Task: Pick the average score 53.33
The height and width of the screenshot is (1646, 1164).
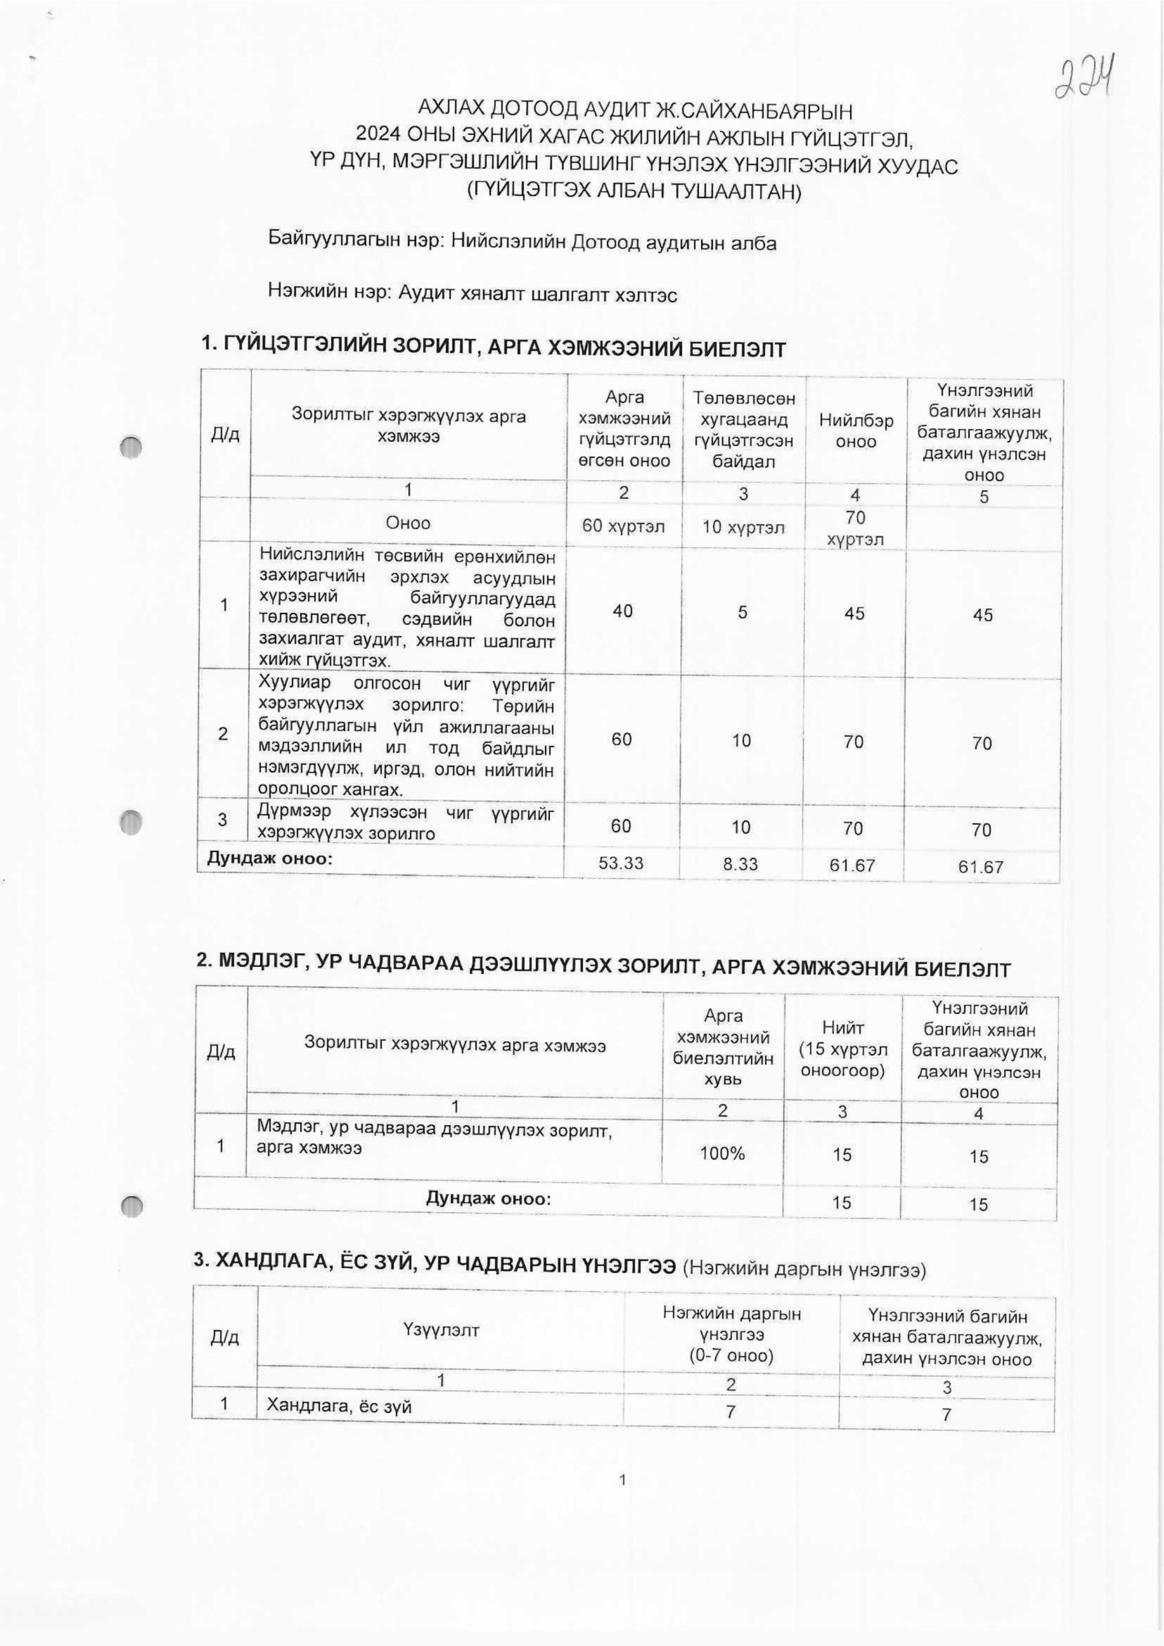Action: click(621, 863)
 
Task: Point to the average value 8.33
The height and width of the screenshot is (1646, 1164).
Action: click(741, 864)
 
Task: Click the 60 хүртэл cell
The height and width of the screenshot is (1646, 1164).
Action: click(623, 527)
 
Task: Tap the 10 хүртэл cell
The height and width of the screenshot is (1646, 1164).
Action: click(743, 528)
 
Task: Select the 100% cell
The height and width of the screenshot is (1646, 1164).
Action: click(723, 1153)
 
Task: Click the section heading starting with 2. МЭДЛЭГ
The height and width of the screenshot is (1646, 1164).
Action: click(602, 968)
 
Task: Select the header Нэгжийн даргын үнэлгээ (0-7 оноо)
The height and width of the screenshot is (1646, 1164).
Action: click(731, 1335)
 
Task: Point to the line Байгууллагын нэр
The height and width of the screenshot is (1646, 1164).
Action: click(522, 242)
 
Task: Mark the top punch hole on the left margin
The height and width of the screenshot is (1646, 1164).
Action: click(132, 447)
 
